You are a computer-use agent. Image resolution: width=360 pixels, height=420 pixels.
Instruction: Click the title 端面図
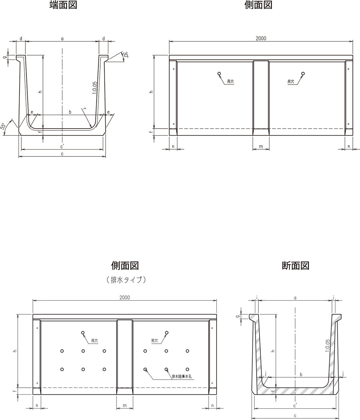coord(63,5)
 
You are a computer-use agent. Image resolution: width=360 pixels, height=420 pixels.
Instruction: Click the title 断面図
coord(295,266)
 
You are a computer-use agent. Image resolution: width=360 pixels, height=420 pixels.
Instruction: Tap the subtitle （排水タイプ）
coord(126,280)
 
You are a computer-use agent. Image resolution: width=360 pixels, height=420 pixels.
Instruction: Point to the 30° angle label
coord(125,55)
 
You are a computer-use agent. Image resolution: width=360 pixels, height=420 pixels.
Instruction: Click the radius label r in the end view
coord(85,109)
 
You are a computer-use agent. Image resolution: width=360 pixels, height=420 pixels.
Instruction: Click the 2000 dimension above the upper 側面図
coord(261,38)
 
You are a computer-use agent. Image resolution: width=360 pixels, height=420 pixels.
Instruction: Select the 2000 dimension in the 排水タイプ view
coord(125,298)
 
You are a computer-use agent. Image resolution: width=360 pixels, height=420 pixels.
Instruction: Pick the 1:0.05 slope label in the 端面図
coord(94,88)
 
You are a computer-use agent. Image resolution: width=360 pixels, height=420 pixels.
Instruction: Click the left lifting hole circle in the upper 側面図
coord(219,73)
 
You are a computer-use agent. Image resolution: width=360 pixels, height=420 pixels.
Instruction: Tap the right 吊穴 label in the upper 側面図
coord(291,82)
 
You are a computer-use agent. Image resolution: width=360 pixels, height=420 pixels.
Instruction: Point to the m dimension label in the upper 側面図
coord(261,146)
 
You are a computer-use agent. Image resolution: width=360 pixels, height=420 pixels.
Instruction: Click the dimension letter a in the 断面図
coord(295,298)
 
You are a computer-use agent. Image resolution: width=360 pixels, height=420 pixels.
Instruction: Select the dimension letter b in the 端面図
coord(70,112)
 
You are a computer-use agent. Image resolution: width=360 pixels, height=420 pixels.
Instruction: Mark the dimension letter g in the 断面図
coord(240,316)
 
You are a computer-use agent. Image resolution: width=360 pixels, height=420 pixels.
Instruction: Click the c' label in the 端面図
coord(62,146)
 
